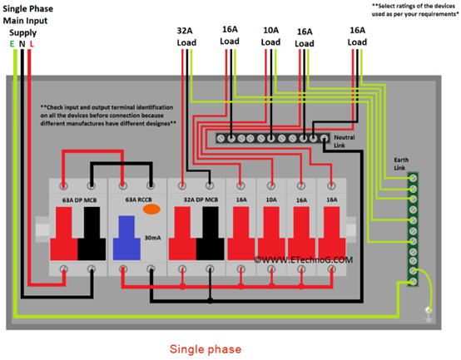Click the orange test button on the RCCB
[151, 210]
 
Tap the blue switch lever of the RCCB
[126, 238]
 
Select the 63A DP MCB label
[79, 200]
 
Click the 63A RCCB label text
[139, 200]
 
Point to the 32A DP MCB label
[201, 200]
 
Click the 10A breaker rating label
[271, 200]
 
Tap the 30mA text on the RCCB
[152, 238]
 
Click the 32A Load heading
[186, 37]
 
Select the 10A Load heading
[270, 36]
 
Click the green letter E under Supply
[12, 44]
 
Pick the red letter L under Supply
[32, 44]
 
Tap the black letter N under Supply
[22, 44]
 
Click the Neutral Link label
[345, 141]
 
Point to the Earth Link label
[401, 164]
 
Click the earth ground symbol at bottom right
[429, 314]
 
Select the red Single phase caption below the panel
[206, 349]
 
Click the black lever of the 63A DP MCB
[92, 234]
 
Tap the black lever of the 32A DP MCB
[211, 234]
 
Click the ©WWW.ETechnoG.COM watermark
[303, 260]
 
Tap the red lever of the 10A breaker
[271, 233]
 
